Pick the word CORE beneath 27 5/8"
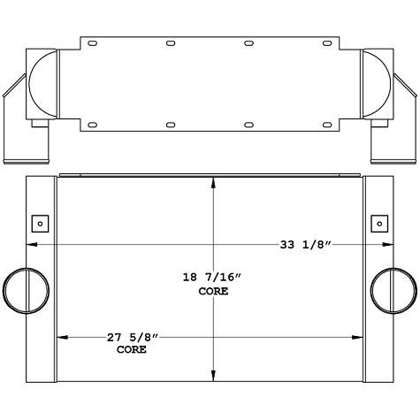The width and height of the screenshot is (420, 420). coord(133,349)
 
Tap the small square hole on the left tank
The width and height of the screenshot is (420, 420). coord(40,222)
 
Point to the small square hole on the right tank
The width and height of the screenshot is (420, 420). coord(378,222)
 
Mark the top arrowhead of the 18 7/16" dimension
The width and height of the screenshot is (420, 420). coord(211,182)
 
